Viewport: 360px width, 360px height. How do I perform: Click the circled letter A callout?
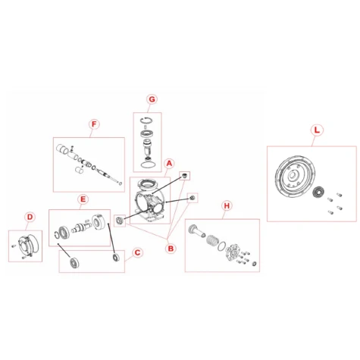coord(169,164)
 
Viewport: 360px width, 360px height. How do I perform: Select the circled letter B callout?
coord(171,249)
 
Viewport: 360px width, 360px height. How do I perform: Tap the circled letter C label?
coord(137,252)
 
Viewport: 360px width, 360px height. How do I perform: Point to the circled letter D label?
coord(30,217)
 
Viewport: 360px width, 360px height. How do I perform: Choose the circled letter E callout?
coord(83,199)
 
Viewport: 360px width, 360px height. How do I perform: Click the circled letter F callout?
coord(94,124)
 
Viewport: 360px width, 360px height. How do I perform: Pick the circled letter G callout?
coord(152,99)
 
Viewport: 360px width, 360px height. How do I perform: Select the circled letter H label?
coord(227,205)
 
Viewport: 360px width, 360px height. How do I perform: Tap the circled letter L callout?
coord(317,130)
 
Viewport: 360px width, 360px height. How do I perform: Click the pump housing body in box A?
coord(149,200)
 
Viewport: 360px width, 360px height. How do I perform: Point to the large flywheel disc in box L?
coord(295,177)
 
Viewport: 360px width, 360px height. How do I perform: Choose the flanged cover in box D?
coord(28,245)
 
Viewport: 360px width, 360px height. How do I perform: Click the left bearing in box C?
coord(74,263)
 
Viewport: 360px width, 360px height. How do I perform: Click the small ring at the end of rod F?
coord(121,183)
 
